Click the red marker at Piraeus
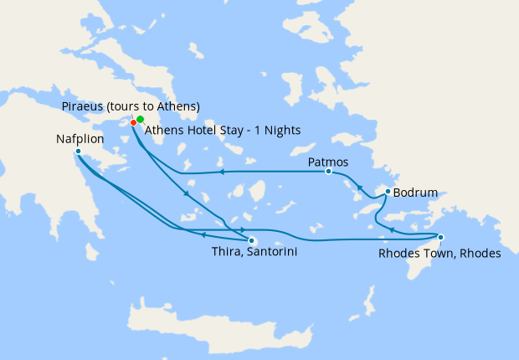coord(134,123)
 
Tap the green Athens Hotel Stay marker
coord(141,119)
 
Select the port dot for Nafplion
coord(78,152)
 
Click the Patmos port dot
coord(328,171)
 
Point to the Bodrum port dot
coord(387,192)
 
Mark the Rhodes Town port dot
coord(440,237)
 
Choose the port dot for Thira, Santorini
coord(250,240)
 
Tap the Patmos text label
coord(328,162)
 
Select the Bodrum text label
coord(416,193)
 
